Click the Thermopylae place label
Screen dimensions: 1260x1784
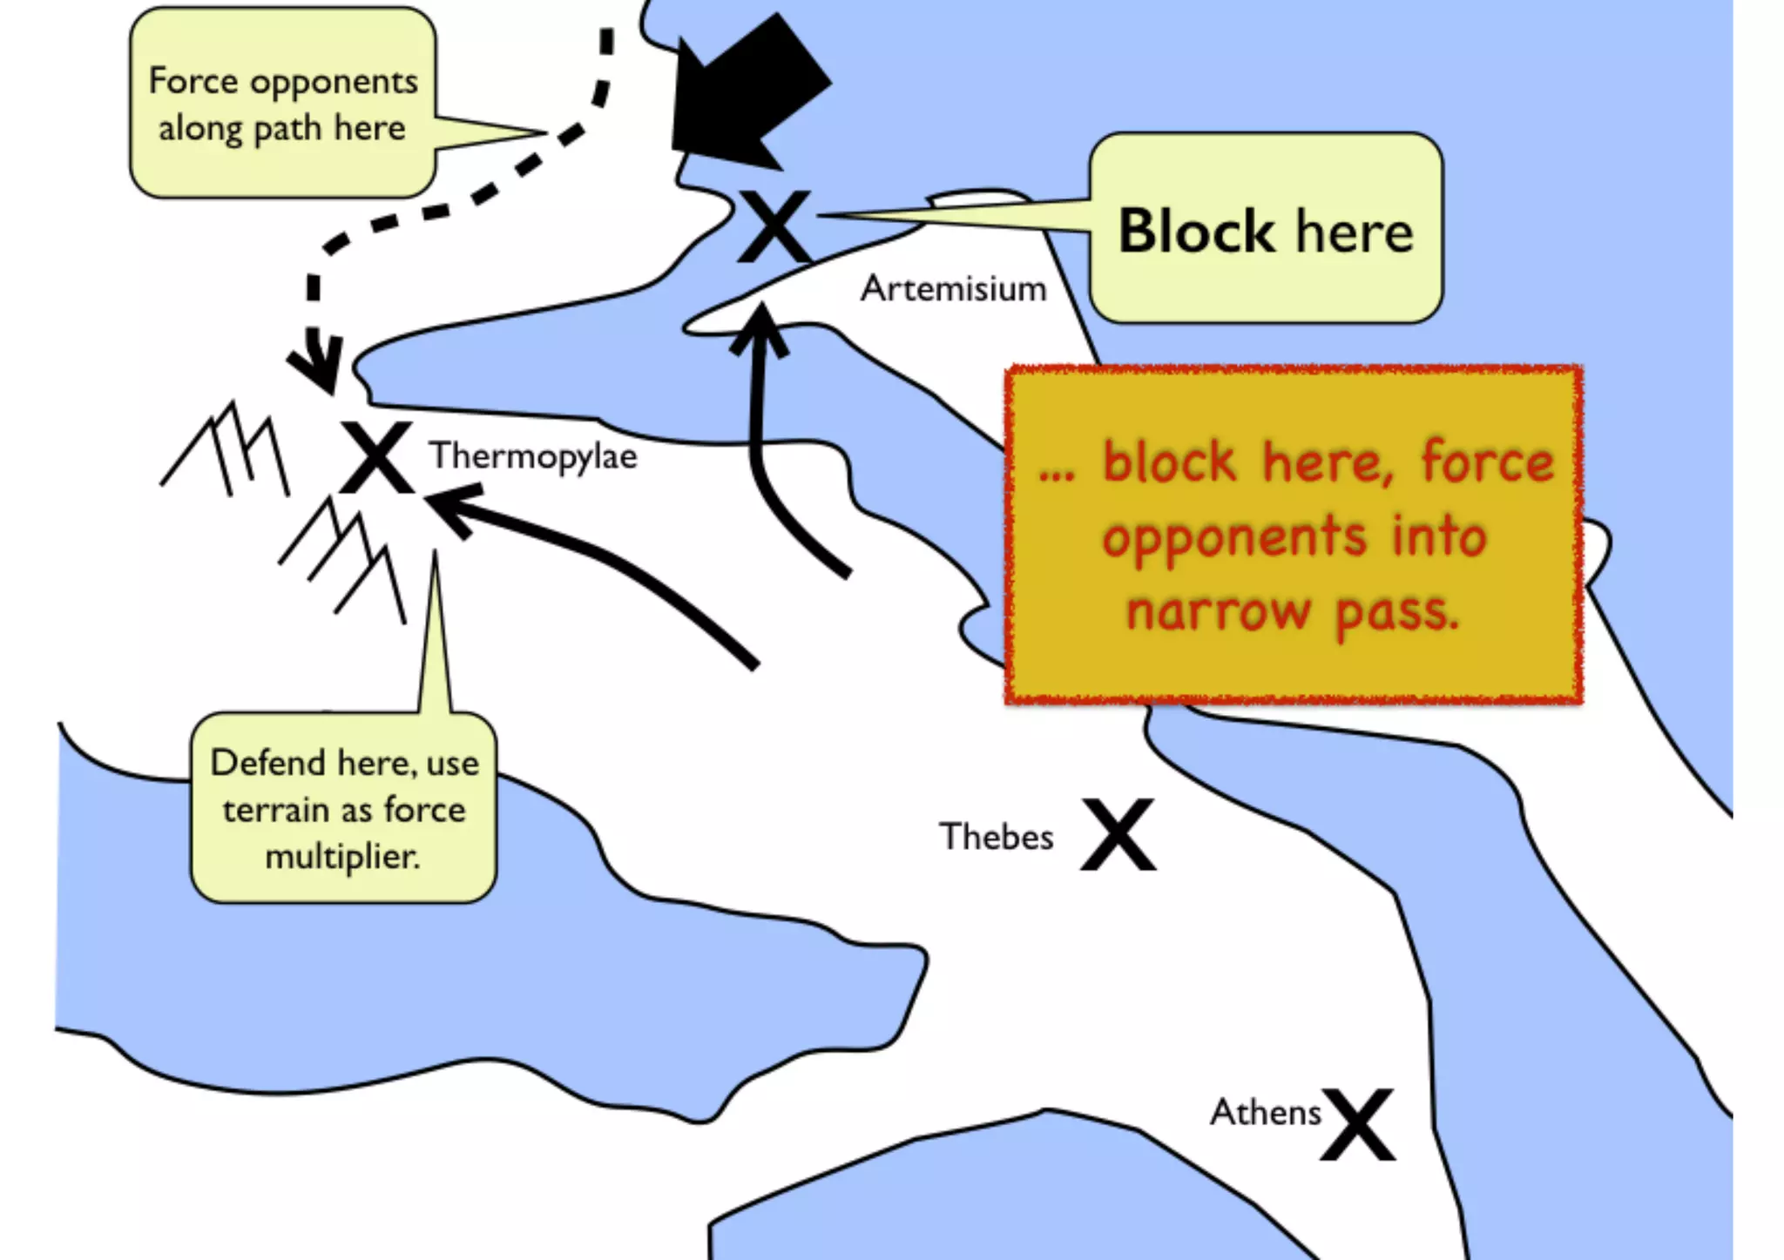[532, 456]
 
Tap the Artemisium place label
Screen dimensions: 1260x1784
[953, 289]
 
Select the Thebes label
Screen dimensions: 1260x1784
[996, 837]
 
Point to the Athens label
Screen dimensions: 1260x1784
[1265, 1113]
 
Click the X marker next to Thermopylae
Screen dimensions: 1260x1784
[376, 458]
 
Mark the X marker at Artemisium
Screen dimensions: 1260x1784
[774, 226]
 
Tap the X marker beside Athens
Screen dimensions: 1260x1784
[1357, 1124]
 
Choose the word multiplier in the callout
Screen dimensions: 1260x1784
[342, 857]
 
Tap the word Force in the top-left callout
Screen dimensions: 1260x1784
[193, 81]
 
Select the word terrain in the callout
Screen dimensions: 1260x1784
[272, 810]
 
